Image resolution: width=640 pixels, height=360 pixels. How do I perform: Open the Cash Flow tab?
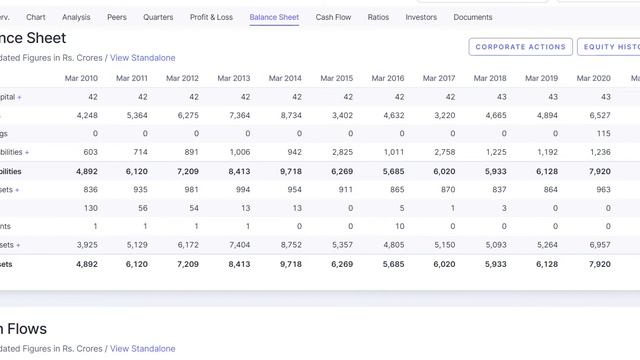point(333,17)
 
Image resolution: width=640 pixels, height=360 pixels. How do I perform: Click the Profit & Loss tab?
point(211,17)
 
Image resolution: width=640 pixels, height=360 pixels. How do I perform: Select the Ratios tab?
point(378,17)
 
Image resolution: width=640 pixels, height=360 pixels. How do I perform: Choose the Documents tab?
point(473,17)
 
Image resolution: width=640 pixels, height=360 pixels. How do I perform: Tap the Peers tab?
point(117,17)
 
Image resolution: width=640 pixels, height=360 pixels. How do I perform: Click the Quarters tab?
point(158,17)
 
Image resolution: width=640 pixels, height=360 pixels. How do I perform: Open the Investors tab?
point(421,17)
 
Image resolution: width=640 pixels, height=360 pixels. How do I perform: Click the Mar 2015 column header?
point(336,78)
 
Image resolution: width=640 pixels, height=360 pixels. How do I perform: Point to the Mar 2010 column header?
point(81,78)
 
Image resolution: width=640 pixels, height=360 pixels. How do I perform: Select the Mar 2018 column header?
point(490,78)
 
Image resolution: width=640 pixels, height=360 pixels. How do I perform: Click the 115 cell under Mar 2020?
point(603,133)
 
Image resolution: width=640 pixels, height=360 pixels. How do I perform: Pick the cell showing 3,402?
point(341,115)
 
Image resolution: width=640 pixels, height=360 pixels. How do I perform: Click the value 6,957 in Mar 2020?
point(599,244)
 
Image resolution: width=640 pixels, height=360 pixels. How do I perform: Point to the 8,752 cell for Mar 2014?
point(290,244)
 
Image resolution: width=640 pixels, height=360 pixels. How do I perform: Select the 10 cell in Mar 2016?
point(399,226)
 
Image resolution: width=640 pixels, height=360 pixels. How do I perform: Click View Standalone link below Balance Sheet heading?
point(143,58)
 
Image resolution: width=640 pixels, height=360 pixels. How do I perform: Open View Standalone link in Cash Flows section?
point(143,348)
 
